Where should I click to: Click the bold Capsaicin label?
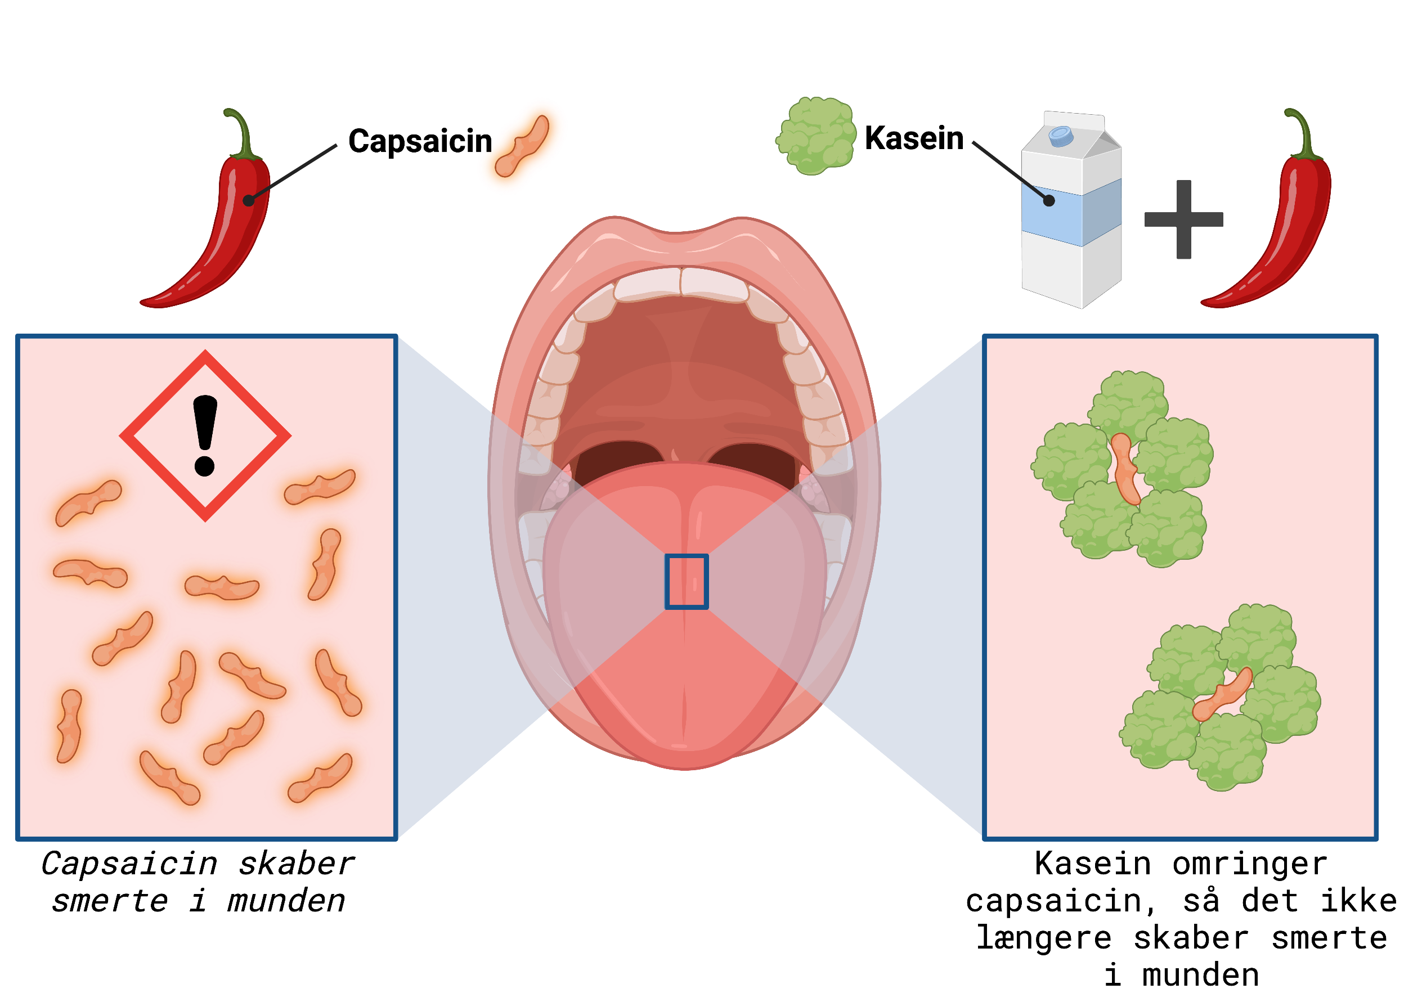pyautogui.click(x=420, y=141)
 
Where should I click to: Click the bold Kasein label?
pyautogui.click(x=914, y=138)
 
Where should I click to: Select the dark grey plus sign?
pyautogui.click(x=1183, y=219)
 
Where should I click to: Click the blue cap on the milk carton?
pyautogui.click(x=1061, y=136)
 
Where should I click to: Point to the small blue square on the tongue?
pyautogui.click(x=686, y=581)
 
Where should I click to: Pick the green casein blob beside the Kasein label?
pyautogui.click(x=816, y=136)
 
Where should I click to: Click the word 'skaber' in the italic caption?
pyautogui.click(x=296, y=864)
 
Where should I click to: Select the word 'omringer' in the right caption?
pyautogui.click(x=1249, y=864)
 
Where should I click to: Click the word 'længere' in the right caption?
pyautogui.click(x=1044, y=938)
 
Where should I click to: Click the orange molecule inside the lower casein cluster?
pyautogui.click(x=1222, y=695)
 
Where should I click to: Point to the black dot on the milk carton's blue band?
pyautogui.click(x=1049, y=200)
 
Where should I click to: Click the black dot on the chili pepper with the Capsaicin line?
pyautogui.click(x=249, y=200)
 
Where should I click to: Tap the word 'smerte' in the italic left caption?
pyautogui.click(x=110, y=901)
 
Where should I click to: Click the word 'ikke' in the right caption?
pyautogui.click(x=1359, y=901)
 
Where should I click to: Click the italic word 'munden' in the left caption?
pyautogui.click(x=286, y=901)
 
